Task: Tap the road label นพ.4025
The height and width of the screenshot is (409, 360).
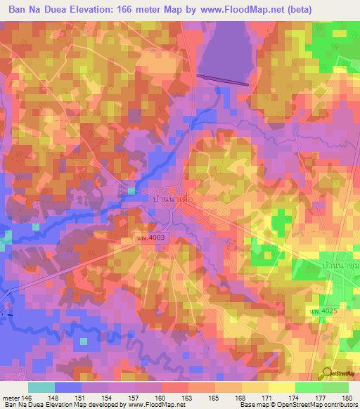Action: pos(323,310)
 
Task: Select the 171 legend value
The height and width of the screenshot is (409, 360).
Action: pos(266,398)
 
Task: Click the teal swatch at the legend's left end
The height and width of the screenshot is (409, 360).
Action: pos(41,387)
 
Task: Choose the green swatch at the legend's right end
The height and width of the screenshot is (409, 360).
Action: pos(335,387)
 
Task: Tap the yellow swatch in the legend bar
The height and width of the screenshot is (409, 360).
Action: pos(282,387)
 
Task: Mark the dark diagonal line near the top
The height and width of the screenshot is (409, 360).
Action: pos(222,80)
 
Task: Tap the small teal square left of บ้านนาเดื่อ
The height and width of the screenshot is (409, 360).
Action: pos(131,191)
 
